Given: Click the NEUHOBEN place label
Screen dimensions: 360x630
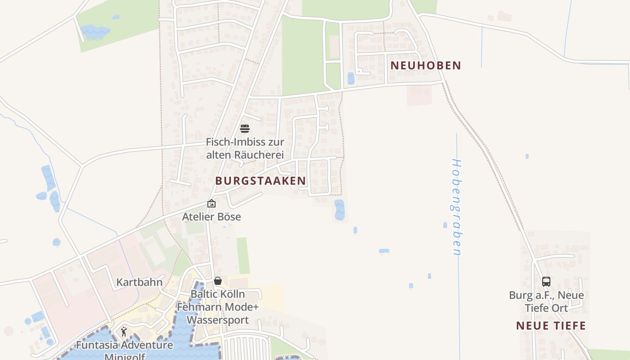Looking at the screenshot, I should pos(426,65).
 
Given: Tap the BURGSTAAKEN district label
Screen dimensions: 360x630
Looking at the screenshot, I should pos(261,181).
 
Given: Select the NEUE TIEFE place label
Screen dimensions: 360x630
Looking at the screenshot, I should pos(551,326).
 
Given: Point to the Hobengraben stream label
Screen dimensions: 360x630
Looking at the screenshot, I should pos(456,207).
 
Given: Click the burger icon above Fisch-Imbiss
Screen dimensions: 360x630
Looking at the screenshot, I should pos(245,129).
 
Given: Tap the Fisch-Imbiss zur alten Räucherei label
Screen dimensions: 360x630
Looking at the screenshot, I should pos(245,148).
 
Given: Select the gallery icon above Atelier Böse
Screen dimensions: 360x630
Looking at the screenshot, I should pos(211,204).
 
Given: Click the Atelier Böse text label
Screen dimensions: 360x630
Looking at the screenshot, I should pos(211,217).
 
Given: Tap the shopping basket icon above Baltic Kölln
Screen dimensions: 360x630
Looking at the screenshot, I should pos(218,281).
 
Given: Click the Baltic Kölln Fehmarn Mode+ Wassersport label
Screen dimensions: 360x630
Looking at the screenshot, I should pos(218,307).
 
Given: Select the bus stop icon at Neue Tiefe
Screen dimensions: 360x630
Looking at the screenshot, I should pos(546,282).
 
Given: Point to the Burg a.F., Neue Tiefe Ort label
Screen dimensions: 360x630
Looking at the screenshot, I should pos(546,301).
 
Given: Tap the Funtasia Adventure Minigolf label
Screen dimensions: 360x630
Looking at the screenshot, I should pos(124,350).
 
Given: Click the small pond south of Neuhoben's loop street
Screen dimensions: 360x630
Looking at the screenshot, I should pos(351,78).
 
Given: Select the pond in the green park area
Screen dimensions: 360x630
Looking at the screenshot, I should pos(95,31).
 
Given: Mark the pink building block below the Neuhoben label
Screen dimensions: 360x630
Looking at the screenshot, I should pos(419,95).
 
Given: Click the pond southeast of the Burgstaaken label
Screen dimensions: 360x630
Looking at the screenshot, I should pos(339,210).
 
